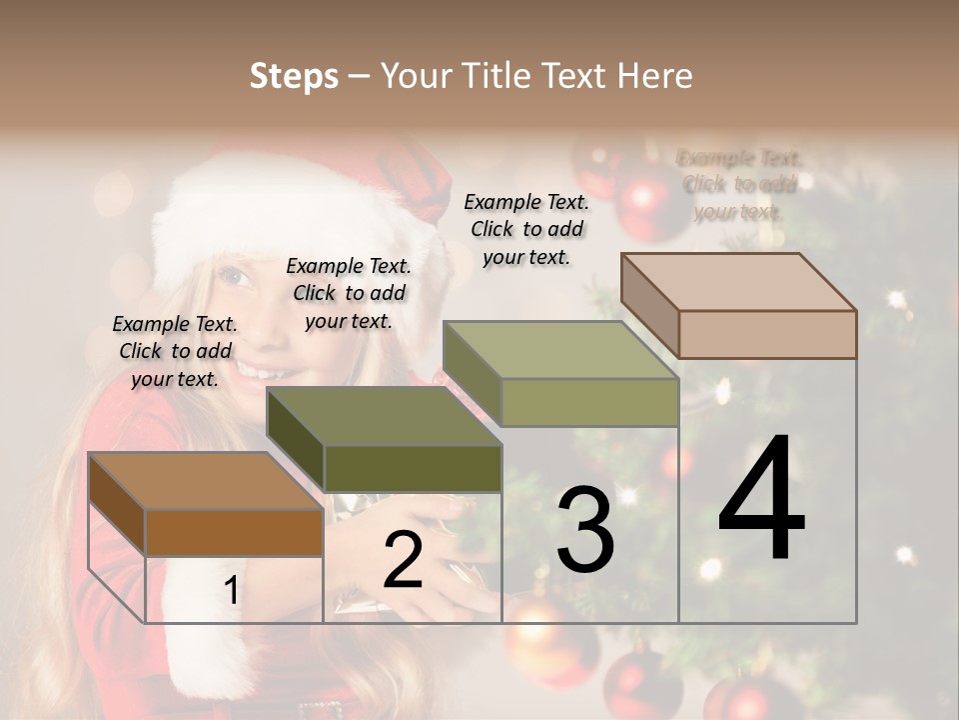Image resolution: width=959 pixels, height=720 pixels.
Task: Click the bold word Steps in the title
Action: [x=294, y=76]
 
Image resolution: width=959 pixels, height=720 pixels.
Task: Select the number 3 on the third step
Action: [x=584, y=530]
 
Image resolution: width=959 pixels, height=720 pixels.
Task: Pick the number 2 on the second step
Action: [x=403, y=560]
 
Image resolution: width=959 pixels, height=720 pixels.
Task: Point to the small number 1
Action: [x=231, y=591]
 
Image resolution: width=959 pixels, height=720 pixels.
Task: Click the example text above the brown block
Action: [x=175, y=351]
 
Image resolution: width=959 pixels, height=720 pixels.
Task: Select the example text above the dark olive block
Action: [x=349, y=293]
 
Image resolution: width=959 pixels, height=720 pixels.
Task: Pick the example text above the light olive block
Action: [x=526, y=229]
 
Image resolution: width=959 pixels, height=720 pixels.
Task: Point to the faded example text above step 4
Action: [x=738, y=185]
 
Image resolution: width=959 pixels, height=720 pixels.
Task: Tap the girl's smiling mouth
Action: [x=262, y=371]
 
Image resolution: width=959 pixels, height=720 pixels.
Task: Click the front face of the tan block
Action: [x=767, y=334]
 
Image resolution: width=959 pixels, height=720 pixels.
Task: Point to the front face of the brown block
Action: [x=234, y=532]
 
